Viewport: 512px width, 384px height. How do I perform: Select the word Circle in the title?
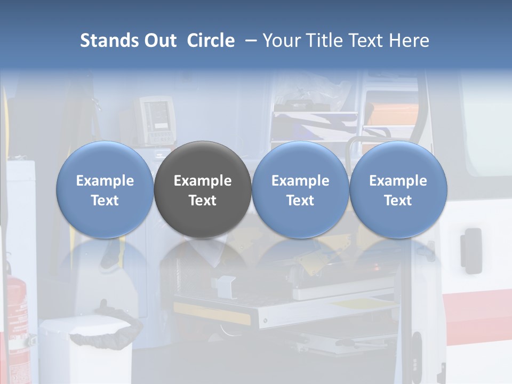[x=211, y=41]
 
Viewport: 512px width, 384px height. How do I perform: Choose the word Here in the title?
[x=409, y=41]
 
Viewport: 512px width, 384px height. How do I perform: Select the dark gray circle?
[x=203, y=190]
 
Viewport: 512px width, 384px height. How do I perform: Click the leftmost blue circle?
[x=105, y=190]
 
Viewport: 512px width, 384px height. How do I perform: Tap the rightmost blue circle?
[x=398, y=190]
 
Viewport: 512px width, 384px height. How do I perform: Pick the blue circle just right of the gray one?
[x=300, y=190]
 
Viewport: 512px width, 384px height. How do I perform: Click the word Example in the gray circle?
[x=203, y=181]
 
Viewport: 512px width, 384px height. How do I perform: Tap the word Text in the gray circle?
[x=203, y=201]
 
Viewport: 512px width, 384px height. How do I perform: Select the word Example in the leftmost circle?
[x=105, y=181]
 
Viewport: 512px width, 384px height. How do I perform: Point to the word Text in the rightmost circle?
[x=398, y=201]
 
